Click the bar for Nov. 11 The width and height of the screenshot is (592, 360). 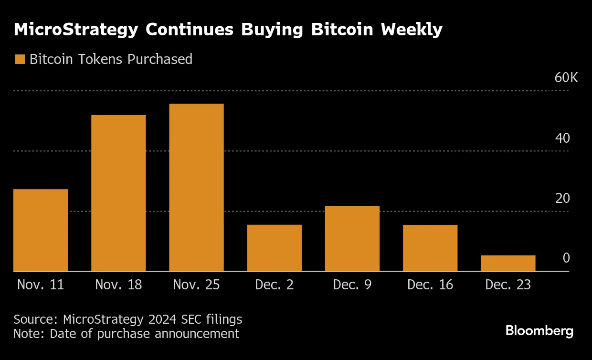(x=41, y=230)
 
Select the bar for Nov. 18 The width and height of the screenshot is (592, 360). (x=118, y=193)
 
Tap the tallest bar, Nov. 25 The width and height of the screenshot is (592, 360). (x=196, y=187)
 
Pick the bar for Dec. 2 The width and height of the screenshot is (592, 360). (x=274, y=248)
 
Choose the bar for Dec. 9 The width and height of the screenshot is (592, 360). (x=352, y=239)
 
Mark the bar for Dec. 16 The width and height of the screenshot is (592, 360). (x=430, y=248)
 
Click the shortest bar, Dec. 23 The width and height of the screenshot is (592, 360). (x=508, y=263)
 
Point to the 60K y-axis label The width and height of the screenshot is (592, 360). (x=566, y=78)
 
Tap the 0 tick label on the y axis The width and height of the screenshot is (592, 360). (x=566, y=258)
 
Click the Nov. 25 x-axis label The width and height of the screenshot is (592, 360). (x=196, y=285)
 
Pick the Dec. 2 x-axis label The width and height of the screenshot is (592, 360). (x=274, y=285)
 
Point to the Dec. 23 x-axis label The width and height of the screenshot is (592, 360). (x=508, y=285)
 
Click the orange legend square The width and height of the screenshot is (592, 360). (x=20, y=59)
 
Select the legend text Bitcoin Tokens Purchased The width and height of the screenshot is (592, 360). (x=111, y=59)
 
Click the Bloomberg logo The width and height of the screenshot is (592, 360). (x=539, y=331)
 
